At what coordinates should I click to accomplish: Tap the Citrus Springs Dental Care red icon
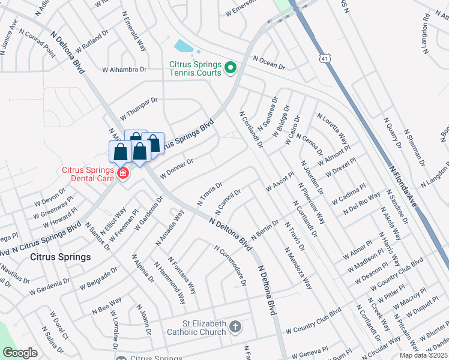pyautogui.click(x=123, y=174)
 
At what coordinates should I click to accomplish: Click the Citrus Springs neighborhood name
pyautogui.click(x=60, y=257)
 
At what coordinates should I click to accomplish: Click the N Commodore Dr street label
pyautogui.click(x=231, y=265)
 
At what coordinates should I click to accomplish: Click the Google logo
pyautogui.click(x=20, y=353)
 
